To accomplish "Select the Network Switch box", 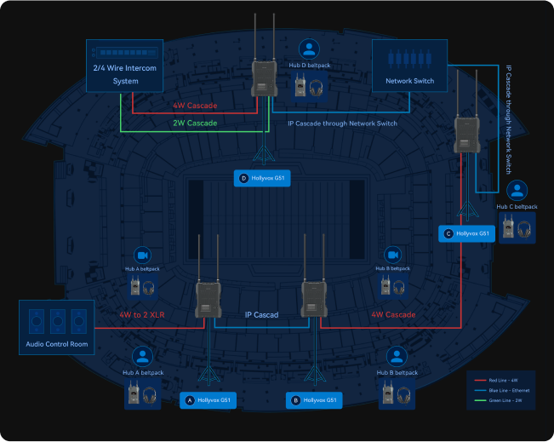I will click(410, 65).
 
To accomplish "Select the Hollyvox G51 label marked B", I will click(313, 399).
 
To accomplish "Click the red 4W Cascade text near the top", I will click(194, 106).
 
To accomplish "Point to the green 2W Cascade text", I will click(194, 123).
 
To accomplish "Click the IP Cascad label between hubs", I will click(262, 314).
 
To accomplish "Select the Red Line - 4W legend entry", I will click(506, 380).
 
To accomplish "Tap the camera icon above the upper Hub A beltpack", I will click(143, 255).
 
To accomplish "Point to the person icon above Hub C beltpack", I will click(517, 190).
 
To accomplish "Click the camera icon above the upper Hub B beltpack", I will click(392, 255).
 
